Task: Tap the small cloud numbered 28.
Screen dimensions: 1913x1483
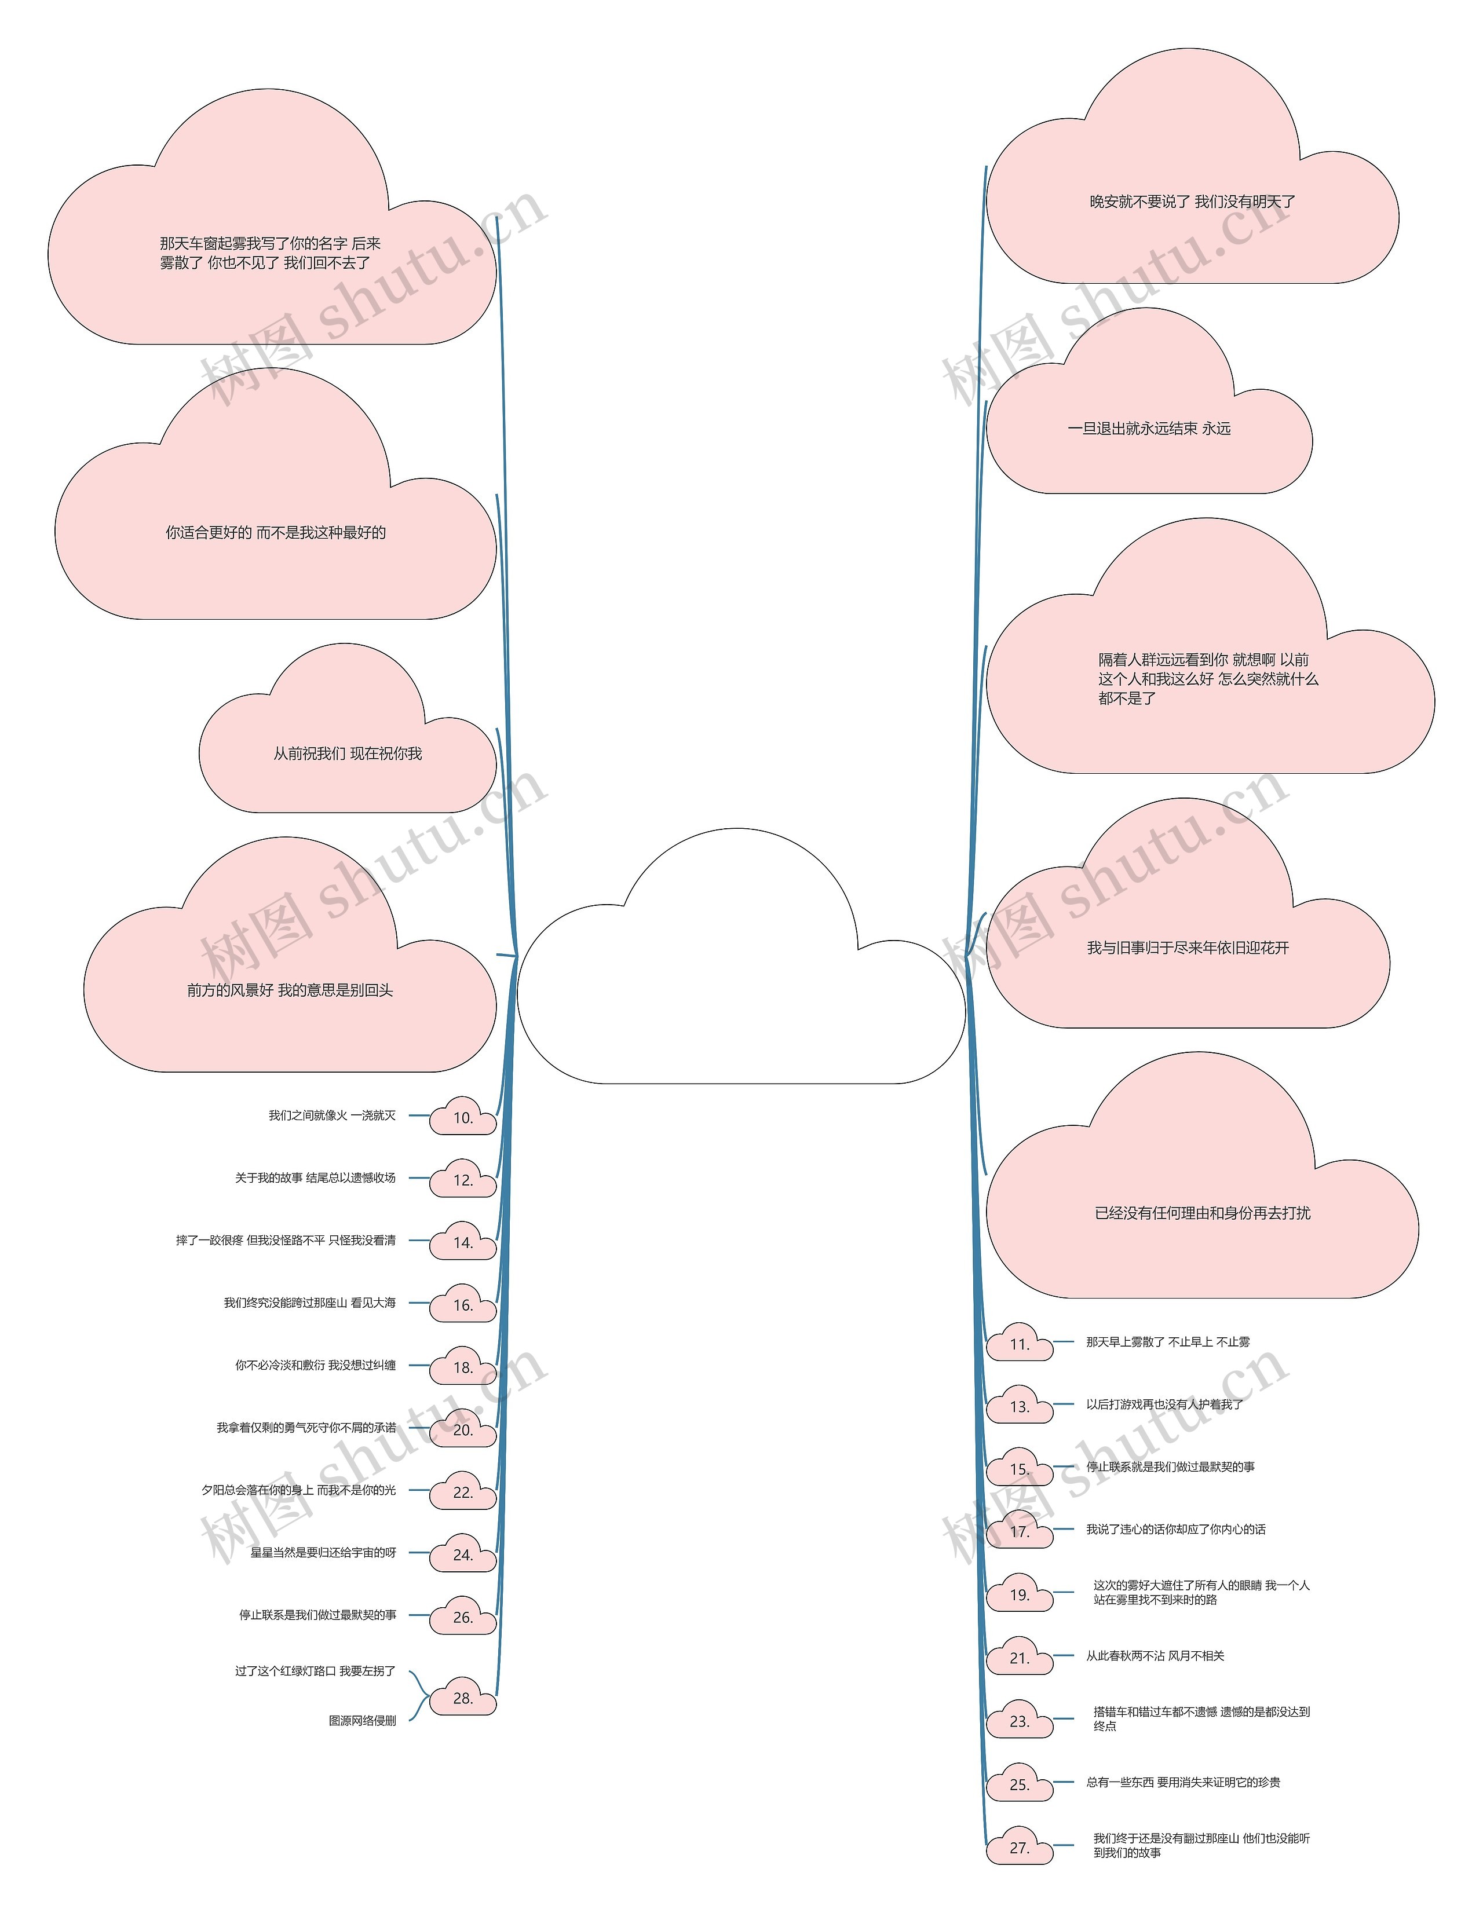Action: (x=462, y=1698)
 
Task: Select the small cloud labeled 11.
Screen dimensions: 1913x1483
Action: (x=1019, y=1344)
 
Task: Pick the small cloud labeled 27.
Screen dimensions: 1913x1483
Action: (x=1019, y=1848)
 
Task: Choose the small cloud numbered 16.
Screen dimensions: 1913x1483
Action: (x=462, y=1305)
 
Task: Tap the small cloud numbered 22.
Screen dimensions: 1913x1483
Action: (x=462, y=1493)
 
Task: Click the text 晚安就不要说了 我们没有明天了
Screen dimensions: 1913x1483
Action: (x=1191, y=202)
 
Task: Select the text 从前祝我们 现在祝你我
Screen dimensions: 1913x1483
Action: (x=347, y=754)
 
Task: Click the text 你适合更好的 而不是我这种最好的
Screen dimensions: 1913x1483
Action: (x=275, y=533)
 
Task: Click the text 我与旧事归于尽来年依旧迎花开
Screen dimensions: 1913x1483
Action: (x=1187, y=948)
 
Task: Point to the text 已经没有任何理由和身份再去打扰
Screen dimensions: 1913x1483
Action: (x=1202, y=1213)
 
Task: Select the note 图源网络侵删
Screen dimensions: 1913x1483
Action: (x=362, y=1720)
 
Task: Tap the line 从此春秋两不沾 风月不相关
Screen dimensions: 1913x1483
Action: (x=1155, y=1655)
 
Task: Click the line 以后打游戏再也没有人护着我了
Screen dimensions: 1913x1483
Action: (x=1164, y=1404)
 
